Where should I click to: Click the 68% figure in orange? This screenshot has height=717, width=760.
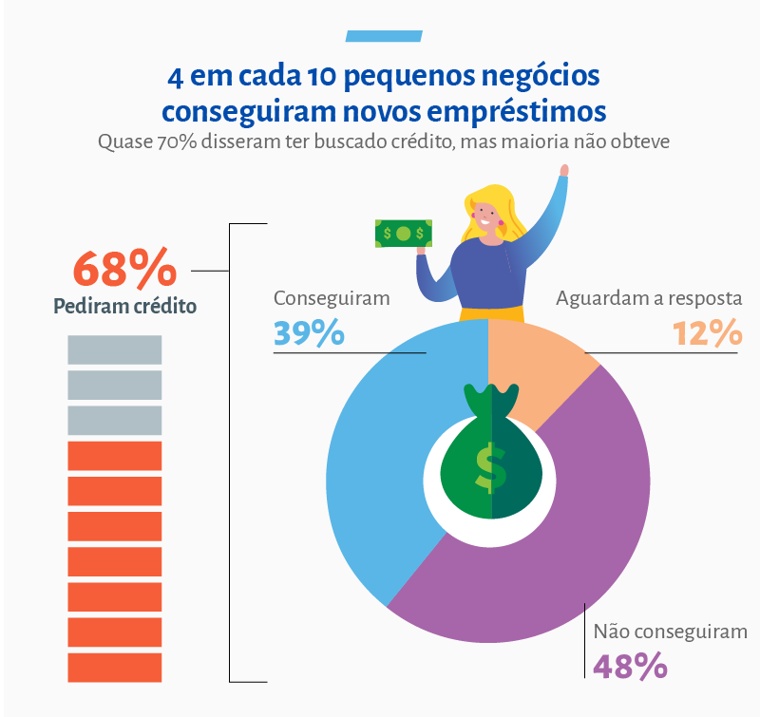[124, 269]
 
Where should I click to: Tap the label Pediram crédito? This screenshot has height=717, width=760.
[124, 307]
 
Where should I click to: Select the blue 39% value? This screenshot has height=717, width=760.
[309, 333]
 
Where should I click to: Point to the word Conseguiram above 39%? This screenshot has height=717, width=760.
[332, 297]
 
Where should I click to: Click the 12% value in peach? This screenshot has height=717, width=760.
[706, 333]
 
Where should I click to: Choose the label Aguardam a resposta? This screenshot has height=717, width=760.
[648, 298]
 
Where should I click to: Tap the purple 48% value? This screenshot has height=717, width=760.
[630, 666]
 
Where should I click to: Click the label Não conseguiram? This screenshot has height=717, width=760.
[670, 632]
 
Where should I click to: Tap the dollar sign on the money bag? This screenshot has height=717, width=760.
[489, 467]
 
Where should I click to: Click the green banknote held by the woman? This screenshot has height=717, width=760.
[403, 232]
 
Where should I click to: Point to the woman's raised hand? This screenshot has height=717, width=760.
[563, 172]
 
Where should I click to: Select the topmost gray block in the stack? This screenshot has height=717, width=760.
[114, 349]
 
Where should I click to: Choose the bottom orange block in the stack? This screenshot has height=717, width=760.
[114, 667]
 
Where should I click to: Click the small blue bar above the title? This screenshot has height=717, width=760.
[383, 36]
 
